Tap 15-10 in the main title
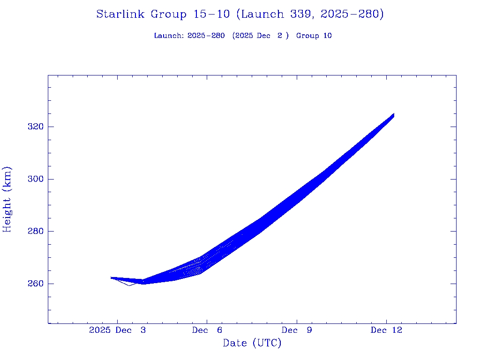211,15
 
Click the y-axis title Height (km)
7,199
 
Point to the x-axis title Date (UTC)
252,343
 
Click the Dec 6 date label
207,330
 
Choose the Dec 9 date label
297,330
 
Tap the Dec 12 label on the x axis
386,330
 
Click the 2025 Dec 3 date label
117,330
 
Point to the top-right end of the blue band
394,114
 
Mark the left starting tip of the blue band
111,277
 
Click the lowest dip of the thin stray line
129,285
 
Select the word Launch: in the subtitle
169,36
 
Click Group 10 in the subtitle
314,36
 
